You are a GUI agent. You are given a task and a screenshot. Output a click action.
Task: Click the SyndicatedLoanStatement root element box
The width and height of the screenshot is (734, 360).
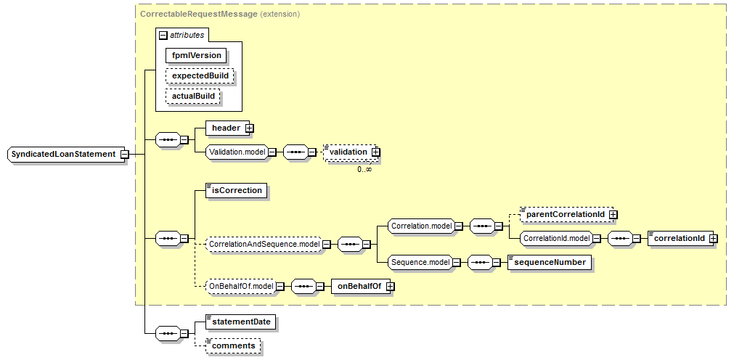point(63,154)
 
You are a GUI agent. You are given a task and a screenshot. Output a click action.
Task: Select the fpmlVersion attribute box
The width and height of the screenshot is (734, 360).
point(196,55)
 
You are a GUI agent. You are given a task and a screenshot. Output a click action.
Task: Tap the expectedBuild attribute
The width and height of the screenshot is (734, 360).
point(199,75)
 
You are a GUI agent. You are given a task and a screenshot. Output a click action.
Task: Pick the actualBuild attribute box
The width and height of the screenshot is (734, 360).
point(193,96)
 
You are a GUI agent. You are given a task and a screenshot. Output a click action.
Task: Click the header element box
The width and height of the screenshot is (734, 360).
point(225,128)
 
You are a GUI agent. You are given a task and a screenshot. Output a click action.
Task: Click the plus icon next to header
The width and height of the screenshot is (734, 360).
point(249,128)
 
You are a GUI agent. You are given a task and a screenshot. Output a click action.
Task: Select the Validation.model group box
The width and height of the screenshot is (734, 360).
point(235,152)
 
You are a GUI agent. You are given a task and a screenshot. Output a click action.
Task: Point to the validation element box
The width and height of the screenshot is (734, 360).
point(348,152)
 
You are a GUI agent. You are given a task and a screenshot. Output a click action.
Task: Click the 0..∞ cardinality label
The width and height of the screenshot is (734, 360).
point(364,168)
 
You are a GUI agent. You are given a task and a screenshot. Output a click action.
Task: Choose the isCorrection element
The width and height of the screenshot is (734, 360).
point(236,191)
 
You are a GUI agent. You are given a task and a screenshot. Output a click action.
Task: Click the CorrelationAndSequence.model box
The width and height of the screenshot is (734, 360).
point(263,245)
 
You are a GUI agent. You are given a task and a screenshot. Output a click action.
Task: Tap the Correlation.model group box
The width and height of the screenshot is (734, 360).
point(421,226)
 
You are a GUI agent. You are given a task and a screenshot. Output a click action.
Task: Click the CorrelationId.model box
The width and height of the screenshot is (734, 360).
point(555,237)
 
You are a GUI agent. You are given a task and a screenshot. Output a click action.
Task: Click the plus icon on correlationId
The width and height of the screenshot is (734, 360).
point(713,237)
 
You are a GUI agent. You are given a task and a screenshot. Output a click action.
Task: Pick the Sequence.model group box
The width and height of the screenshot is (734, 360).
point(419,261)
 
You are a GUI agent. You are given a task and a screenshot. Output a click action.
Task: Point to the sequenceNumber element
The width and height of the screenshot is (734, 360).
point(550,262)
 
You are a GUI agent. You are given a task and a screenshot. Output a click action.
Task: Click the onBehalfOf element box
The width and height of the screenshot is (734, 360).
point(359,287)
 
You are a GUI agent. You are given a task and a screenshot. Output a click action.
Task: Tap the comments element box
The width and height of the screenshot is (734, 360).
point(235,345)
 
